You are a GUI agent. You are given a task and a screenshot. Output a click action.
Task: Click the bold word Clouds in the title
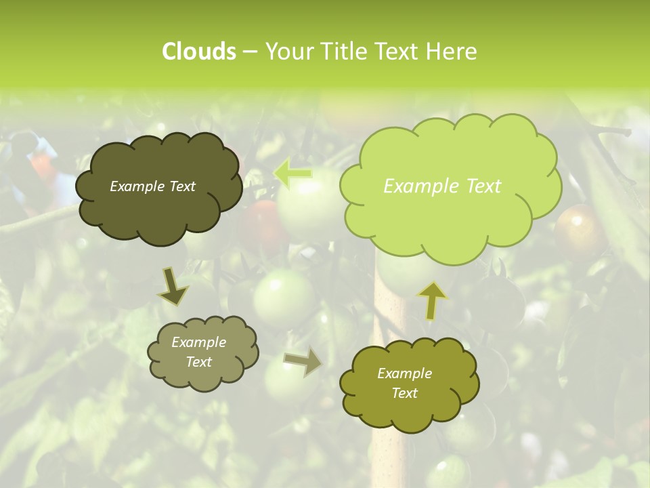tap(198, 52)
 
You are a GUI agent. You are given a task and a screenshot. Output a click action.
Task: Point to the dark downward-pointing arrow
tap(173, 286)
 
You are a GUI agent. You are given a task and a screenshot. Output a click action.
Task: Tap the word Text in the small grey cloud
tap(199, 362)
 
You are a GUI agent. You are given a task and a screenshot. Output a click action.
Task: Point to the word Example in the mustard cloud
tap(404, 373)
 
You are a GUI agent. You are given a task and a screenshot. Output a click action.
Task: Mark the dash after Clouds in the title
tap(249, 52)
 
